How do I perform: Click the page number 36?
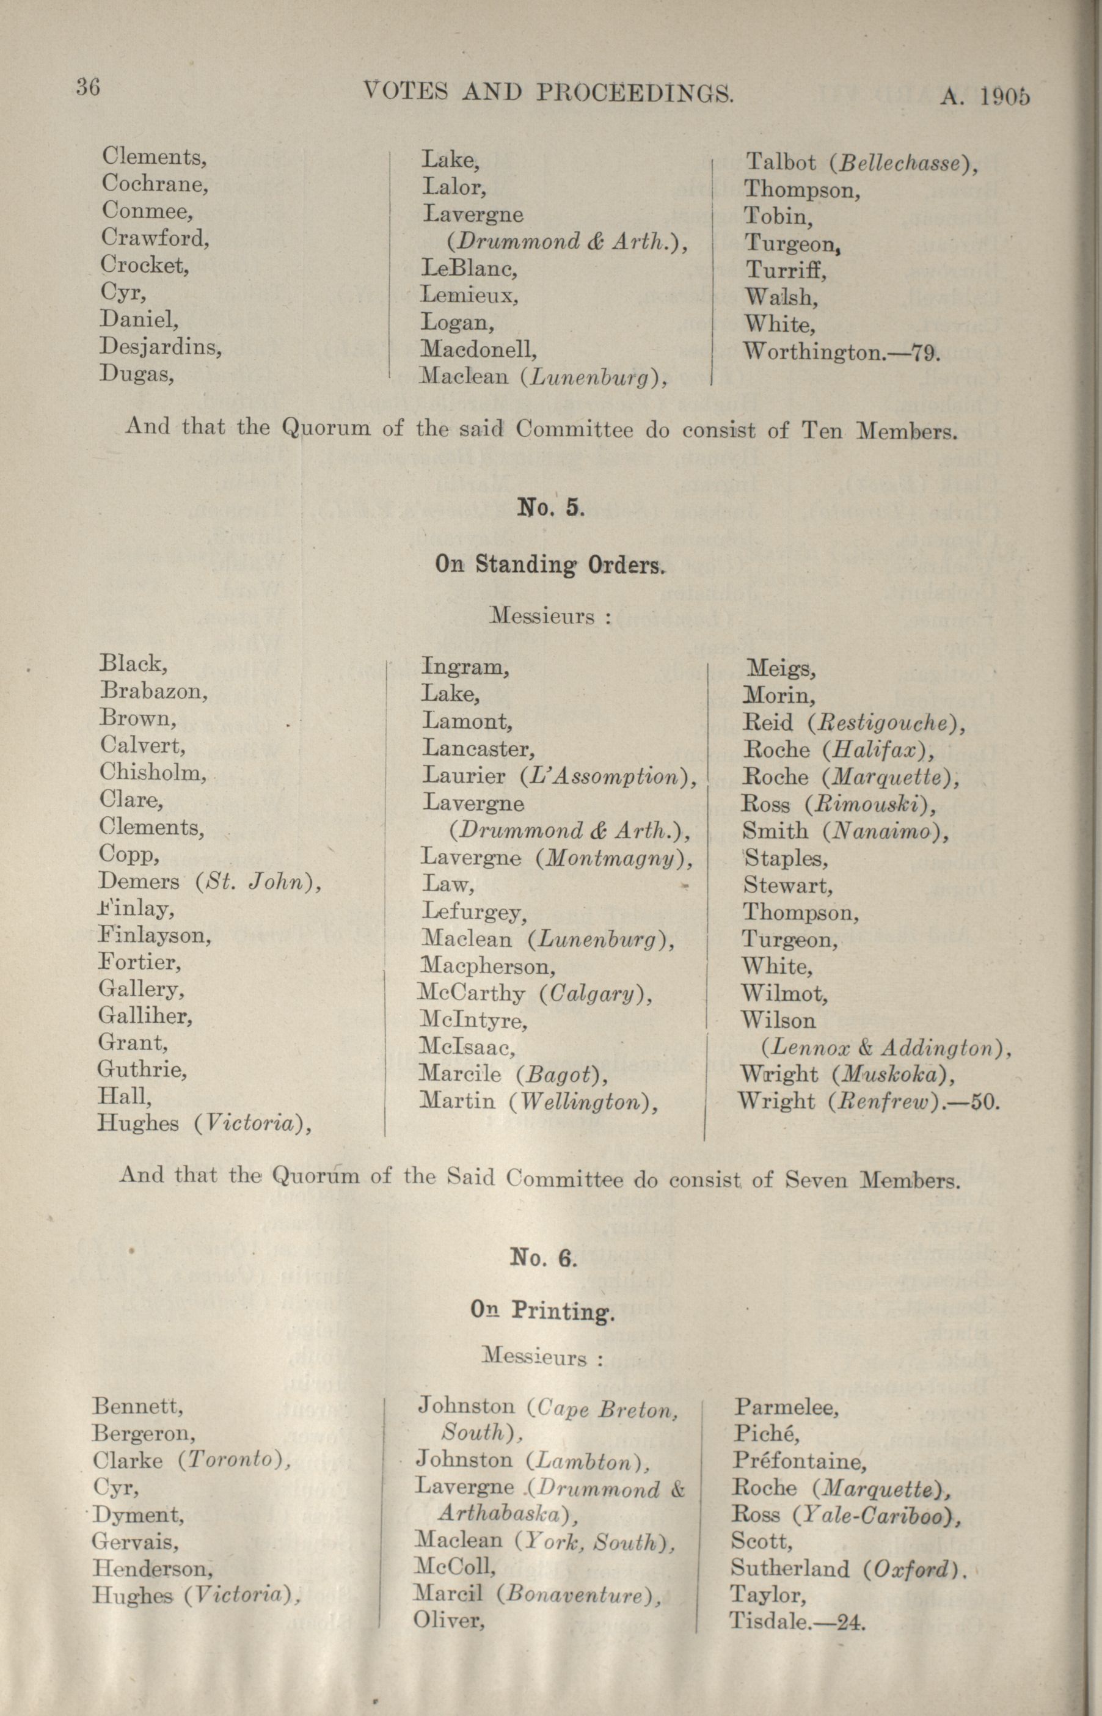(88, 87)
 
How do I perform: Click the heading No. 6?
(543, 1257)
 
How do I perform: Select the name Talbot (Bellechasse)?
(861, 162)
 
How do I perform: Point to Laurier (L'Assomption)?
(559, 776)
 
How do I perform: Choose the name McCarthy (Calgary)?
(535, 993)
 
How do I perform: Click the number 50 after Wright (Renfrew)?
(985, 1101)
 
